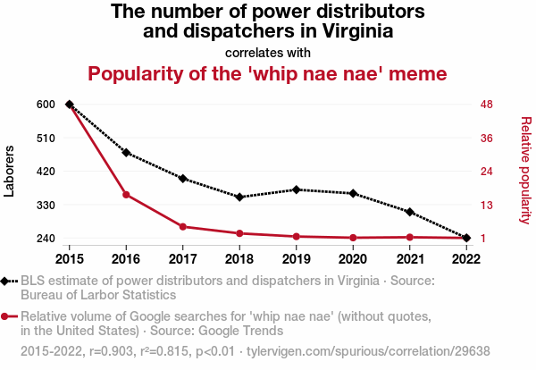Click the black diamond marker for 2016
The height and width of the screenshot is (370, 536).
click(126, 153)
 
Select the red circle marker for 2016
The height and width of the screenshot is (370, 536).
click(126, 195)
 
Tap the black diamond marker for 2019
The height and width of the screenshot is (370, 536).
click(296, 189)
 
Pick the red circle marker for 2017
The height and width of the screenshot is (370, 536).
click(182, 227)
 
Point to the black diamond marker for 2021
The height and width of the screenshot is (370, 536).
click(409, 212)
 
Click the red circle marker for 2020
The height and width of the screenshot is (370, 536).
click(353, 238)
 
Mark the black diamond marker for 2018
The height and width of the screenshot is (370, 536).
click(239, 197)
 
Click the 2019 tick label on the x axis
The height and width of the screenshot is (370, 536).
click(296, 258)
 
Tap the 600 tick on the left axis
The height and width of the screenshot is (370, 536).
click(46, 105)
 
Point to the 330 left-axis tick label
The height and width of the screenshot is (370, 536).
click(46, 205)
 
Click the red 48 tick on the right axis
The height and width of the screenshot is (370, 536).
click(487, 105)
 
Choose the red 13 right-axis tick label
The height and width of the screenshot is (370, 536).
click(487, 205)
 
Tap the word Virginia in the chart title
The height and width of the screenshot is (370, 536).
click(356, 32)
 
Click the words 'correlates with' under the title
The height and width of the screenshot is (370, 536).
click(268, 52)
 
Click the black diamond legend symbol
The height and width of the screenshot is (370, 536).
click(6, 281)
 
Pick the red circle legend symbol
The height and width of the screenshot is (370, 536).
click(6, 316)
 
